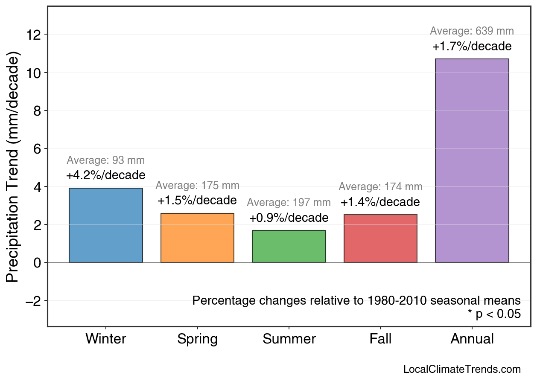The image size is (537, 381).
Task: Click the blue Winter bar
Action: tap(106, 225)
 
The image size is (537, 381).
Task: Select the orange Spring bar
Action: tap(197, 238)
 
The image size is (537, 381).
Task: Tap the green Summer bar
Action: tap(289, 246)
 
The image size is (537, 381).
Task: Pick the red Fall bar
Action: tap(380, 238)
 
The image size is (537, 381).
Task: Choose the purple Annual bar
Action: tap(472, 160)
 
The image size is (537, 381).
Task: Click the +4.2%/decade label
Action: tap(105, 175)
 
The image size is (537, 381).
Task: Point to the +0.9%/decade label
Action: tap(289, 218)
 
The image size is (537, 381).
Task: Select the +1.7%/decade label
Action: tap(472, 47)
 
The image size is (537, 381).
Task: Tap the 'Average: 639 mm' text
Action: tap(472, 31)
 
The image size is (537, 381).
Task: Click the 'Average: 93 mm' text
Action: tap(105, 160)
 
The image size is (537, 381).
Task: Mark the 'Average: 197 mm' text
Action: tap(289, 203)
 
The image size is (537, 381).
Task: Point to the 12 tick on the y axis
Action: tap(34, 35)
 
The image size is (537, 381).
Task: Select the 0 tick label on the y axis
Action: tap(38, 263)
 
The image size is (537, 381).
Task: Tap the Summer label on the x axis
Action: tap(289, 339)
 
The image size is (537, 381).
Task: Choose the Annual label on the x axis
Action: tap(472, 339)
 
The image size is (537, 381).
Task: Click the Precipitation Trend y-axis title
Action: tap(14, 167)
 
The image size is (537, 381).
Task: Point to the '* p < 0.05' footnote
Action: tap(494, 314)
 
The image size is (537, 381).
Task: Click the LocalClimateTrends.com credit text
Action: tap(462, 369)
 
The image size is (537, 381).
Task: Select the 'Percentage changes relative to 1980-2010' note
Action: tap(356, 300)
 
